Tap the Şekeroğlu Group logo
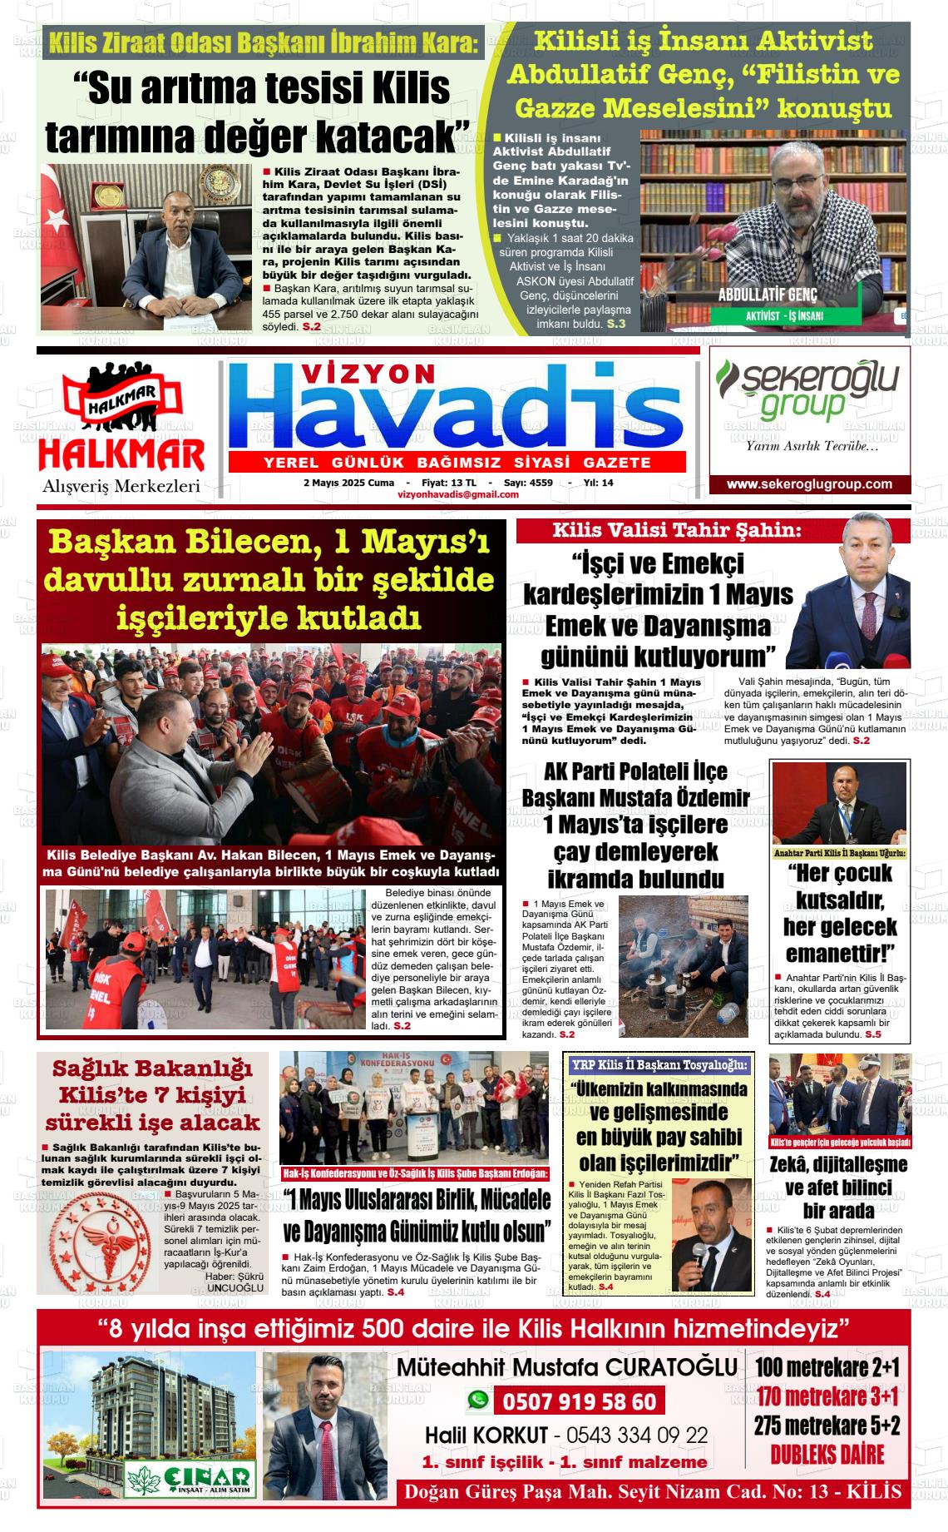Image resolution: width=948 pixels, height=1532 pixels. pyautogui.click(x=807, y=390)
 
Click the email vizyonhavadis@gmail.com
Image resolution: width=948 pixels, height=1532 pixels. pyautogui.click(x=458, y=494)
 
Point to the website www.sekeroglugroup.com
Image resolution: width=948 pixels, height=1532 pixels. pyautogui.click(x=809, y=484)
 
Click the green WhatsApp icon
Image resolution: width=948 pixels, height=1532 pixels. pyautogui.click(x=478, y=1401)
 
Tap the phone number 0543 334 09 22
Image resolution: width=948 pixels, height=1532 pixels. pyautogui.click(x=636, y=1435)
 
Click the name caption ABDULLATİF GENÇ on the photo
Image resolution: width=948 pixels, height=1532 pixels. pyautogui.click(x=768, y=296)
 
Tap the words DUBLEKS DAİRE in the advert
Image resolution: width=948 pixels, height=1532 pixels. pyautogui.click(x=827, y=1454)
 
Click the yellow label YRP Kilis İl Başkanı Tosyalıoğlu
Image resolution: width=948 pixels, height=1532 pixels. pyautogui.click(x=659, y=1064)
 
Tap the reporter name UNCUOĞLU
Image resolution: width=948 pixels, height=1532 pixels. pyautogui.click(x=235, y=1287)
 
